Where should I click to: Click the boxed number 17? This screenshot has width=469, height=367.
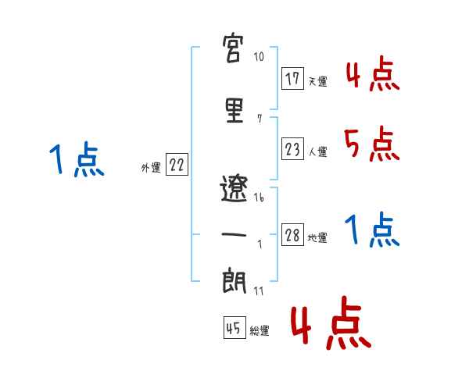pos(293,80)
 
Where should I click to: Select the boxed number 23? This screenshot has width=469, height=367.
pos(293,149)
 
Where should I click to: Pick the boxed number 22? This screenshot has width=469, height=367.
pos(177,166)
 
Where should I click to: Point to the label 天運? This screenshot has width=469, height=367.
pos(317,81)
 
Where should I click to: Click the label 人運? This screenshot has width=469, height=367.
pos(317,151)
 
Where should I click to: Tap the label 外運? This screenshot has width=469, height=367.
pos(151,167)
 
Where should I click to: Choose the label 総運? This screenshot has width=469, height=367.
pos(259,331)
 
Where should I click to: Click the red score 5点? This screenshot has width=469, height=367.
pos(371,143)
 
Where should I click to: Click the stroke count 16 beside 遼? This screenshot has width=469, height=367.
pos(260,198)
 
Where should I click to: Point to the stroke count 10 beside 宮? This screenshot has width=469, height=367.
pos(260,58)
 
